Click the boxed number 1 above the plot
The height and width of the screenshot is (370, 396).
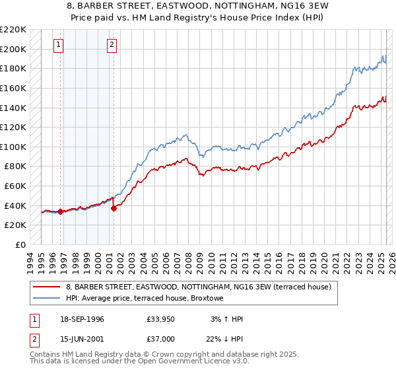[59, 45]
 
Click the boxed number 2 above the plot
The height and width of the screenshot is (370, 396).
[112, 45]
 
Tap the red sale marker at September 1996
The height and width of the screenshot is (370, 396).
[60, 211]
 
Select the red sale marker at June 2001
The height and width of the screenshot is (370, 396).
[114, 208]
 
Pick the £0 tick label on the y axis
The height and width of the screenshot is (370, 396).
[20, 244]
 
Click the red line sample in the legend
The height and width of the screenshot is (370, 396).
[46, 287]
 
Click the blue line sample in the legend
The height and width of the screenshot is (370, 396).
[46, 298]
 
